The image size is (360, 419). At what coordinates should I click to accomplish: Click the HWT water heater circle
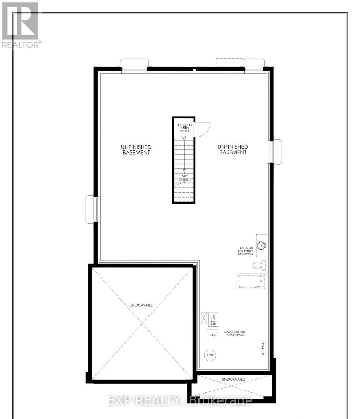pos(210,355)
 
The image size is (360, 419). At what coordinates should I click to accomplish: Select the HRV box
pos(212,335)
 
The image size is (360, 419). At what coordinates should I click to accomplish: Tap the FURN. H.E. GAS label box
pos(212,318)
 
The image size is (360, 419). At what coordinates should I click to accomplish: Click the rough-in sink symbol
pos(262,246)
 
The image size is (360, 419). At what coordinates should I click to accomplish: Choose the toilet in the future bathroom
pos(258,265)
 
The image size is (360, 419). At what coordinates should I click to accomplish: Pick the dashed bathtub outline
pos(250,281)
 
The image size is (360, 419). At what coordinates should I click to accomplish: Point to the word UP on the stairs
pos(184,137)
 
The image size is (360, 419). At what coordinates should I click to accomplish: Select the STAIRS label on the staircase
pos(183,176)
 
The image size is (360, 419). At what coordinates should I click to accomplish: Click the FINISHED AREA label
pos(185,127)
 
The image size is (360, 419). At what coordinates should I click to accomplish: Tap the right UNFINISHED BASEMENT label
pos(233,150)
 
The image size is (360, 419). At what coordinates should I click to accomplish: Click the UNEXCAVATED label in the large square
pos(141,305)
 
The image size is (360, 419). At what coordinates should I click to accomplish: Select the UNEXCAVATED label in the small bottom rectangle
pos(233,379)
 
